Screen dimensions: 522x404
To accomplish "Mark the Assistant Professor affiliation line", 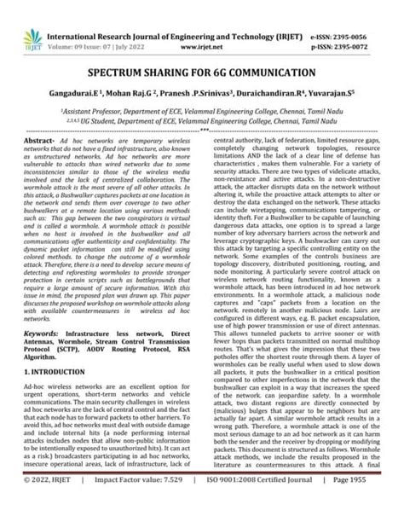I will point(202,110).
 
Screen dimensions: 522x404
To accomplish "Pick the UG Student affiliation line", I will point(202,122).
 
